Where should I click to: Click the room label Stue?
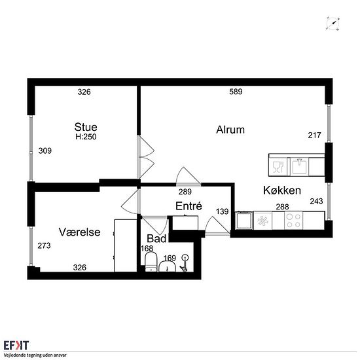[86, 127]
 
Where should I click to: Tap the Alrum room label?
[230, 130]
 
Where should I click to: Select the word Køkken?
[282, 190]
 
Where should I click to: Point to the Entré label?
[189, 206]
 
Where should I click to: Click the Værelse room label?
[79, 232]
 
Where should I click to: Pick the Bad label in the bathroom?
[156, 238]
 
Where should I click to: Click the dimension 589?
[236, 92]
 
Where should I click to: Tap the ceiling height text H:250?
[86, 137]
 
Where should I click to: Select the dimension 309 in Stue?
[45, 151]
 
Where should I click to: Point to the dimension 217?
[314, 135]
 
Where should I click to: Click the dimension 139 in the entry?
[222, 211]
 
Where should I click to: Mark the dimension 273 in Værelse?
[44, 245]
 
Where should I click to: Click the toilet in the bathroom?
[151, 262]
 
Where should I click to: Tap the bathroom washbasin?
[168, 267]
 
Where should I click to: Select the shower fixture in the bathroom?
[185, 263]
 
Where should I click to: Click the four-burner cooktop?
[294, 221]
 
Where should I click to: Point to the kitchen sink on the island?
[299, 166]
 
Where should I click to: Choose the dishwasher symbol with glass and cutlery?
[278, 167]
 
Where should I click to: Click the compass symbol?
[333, 24]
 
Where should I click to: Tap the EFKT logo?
[16, 346]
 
